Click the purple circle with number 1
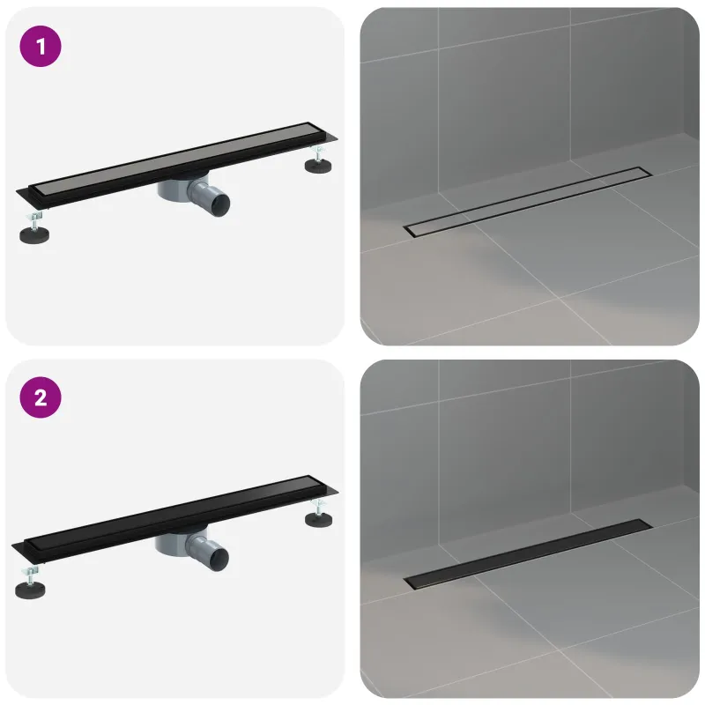pos(41,47)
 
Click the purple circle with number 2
pos(41,397)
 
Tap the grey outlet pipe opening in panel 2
pos(219,556)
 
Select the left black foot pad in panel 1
pos(34,234)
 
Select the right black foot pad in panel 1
pos(318,166)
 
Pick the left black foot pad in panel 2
pos(30,590)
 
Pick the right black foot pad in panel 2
pos(318,519)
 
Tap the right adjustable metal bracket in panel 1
pos(318,152)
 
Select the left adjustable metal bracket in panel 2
pos(30,575)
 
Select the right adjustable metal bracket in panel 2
pos(318,506)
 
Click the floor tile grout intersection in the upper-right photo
pos(560,298)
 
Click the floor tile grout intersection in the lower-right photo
pos(560,650)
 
